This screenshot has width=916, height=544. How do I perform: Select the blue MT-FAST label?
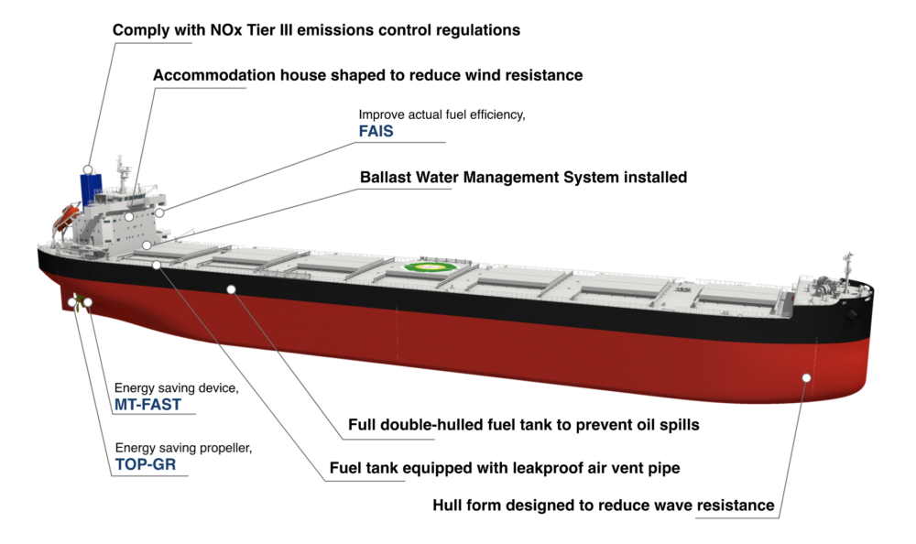[147, 404]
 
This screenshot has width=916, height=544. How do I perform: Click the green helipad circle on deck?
[424, 268]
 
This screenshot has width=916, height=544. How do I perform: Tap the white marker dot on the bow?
[806, 376]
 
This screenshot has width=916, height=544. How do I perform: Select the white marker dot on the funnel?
[88, 170]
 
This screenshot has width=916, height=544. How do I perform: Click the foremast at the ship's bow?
[848, 262]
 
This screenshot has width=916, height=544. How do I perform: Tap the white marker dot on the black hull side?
[231, 288]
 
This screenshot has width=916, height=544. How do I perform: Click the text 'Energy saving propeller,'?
[182, 448]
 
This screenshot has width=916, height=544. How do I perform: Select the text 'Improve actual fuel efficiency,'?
[442, 114]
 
